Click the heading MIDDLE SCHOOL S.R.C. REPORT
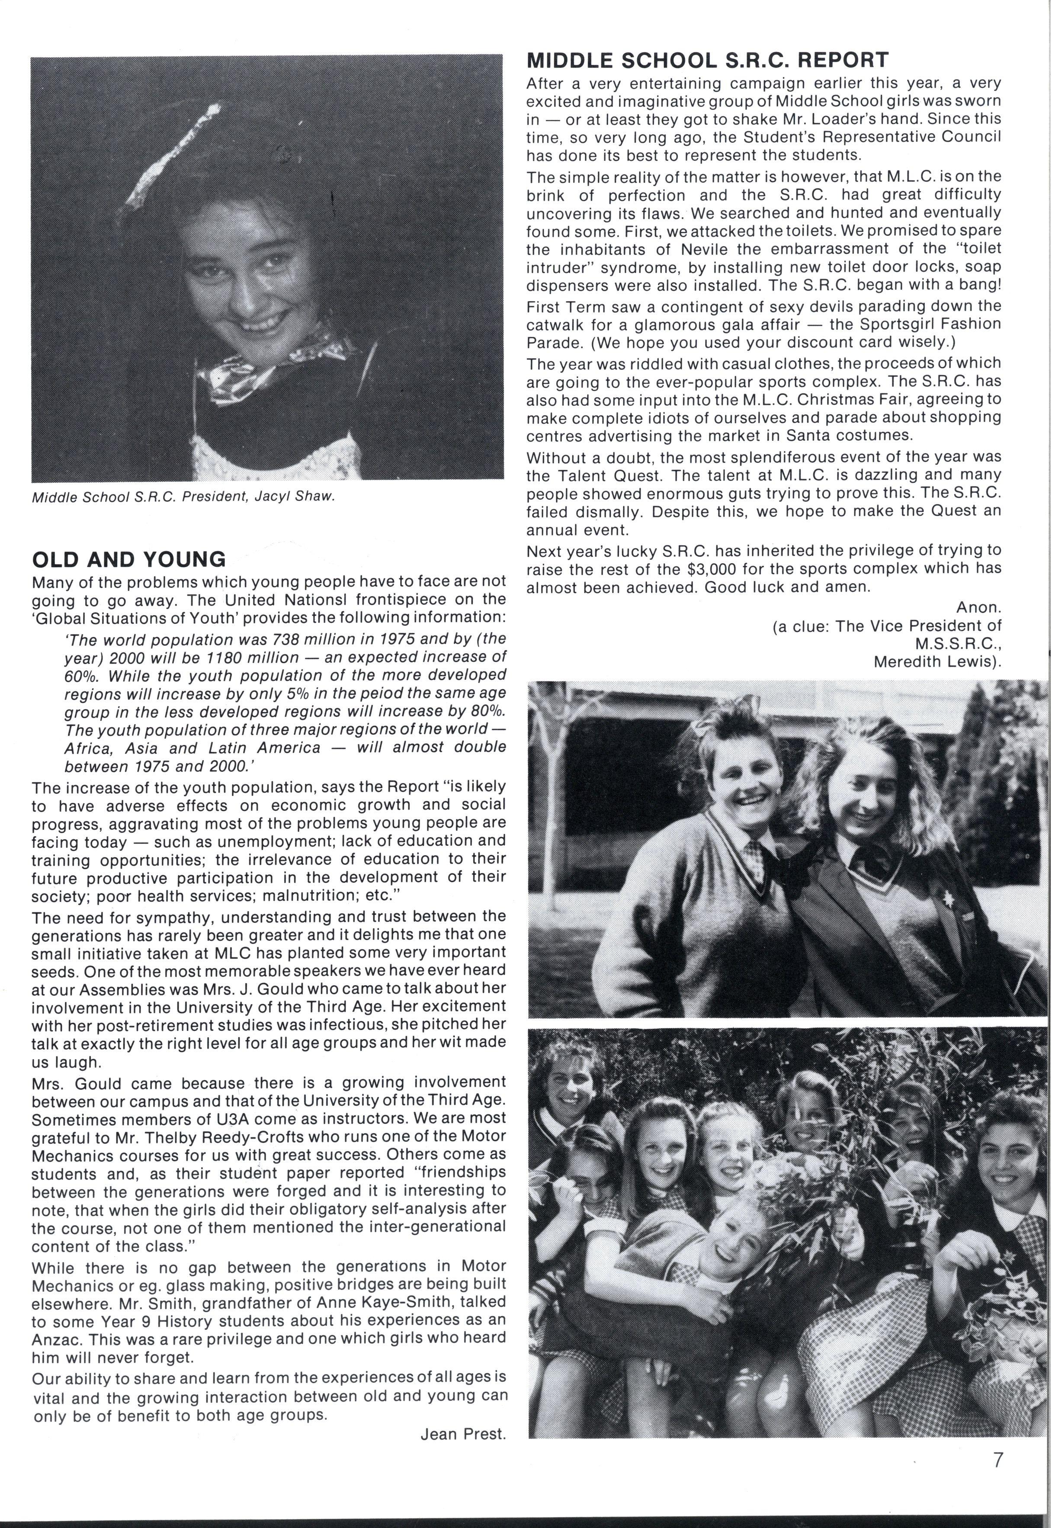[x=707, y=60]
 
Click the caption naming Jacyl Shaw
[x=183, y=497]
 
